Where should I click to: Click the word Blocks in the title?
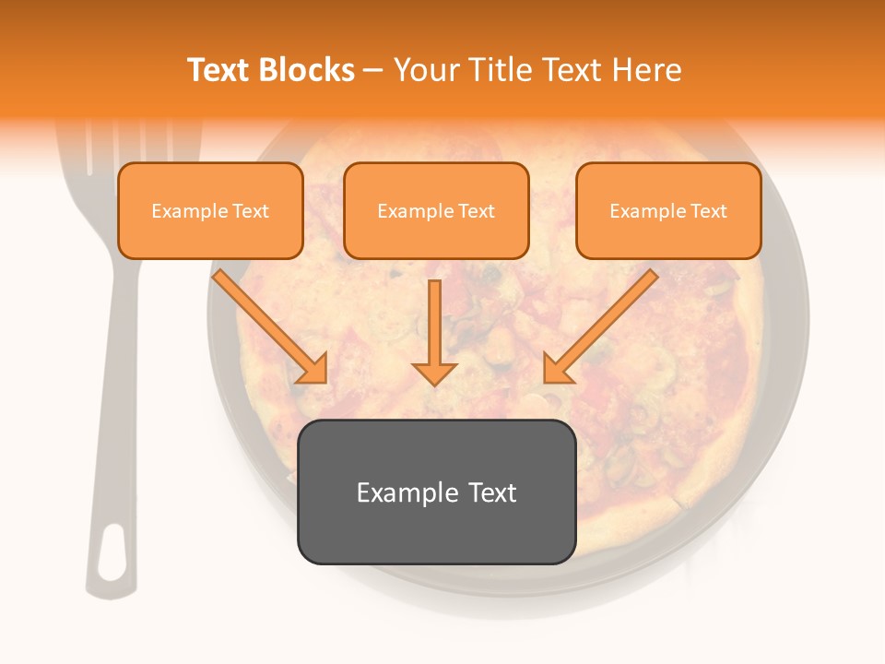[308, 70]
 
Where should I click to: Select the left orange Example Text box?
[210, 210]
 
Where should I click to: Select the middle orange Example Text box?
[436, 210]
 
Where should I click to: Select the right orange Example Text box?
[668, 210]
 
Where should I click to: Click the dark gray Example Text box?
[436, 492]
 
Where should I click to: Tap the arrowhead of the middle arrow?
[434, 373]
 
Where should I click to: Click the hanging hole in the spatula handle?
[112, 551]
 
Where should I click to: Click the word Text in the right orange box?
[708, 210]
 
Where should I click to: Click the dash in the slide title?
[373, 70]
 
